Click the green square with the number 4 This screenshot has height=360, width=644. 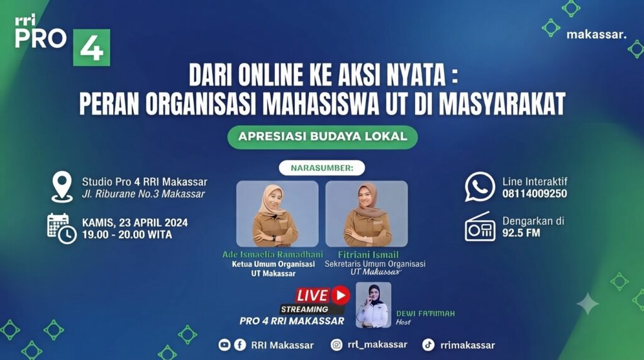92,47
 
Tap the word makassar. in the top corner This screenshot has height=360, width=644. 596,35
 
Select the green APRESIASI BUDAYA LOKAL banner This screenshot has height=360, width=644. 323,137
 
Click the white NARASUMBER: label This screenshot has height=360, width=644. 321,167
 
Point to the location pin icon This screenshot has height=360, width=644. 62,188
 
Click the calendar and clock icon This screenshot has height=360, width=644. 62,228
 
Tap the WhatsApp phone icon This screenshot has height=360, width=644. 480,186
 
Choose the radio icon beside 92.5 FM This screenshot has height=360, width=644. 480,227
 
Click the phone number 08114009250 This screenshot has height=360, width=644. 535,194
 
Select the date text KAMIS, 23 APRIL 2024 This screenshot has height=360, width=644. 135,223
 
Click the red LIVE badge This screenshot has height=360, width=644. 323,295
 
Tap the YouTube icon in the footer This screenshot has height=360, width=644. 225,345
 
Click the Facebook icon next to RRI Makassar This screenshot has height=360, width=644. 240,345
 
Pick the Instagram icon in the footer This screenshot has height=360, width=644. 336,345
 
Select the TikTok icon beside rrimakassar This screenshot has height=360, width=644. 428,345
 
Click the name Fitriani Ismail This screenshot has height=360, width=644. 368,255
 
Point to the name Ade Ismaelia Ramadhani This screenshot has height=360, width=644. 272,254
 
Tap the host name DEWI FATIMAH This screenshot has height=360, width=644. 426,313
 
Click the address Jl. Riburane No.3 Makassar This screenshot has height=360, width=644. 143,194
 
